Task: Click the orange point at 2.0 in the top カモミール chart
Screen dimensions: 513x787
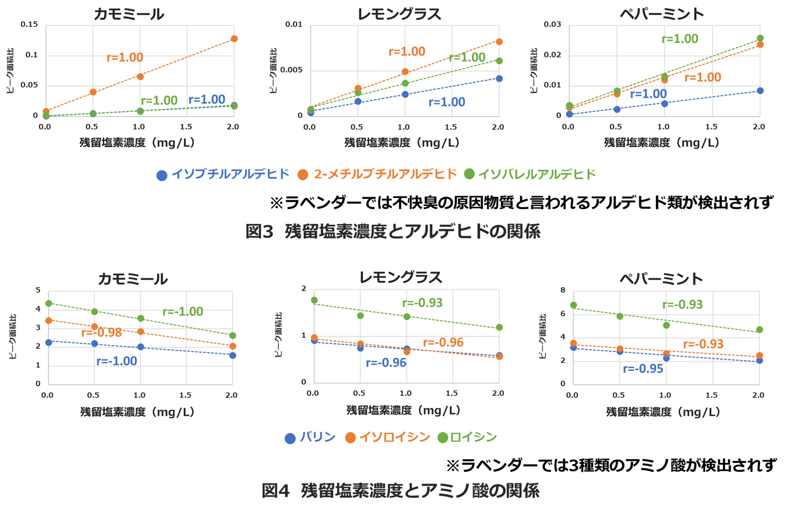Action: click(234, 39)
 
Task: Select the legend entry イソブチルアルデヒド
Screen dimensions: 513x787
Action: click(223, 174)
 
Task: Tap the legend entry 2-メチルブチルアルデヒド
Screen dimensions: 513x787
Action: click(378, 174)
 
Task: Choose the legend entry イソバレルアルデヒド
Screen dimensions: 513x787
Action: click(530, 174)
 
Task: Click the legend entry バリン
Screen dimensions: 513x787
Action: click(311, 437)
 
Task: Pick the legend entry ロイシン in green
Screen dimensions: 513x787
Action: click(467, 437)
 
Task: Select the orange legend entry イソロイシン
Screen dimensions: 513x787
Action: click(388, 437)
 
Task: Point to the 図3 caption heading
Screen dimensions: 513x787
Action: click(393, 232)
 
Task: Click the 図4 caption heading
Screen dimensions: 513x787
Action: click(400, 491)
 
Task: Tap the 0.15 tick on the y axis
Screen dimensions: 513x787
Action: click(29, 24)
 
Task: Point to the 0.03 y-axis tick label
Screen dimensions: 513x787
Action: click(552, 24)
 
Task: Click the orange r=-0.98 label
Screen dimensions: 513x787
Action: click(101, 332)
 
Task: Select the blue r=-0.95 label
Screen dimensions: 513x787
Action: click(643, 368)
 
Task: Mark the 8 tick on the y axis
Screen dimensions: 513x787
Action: click(563, 290)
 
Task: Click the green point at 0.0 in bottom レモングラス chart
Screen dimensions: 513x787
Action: click(314, 301)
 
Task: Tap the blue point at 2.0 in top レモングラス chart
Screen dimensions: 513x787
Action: click(499, 78)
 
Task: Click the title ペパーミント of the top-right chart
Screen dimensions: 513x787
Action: click(662, 14)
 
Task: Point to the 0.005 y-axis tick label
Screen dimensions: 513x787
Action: click(291, 70)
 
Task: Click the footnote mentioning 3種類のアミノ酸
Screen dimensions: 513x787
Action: click(611, 466)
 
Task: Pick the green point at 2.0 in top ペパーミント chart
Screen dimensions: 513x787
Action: click(760, 38)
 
